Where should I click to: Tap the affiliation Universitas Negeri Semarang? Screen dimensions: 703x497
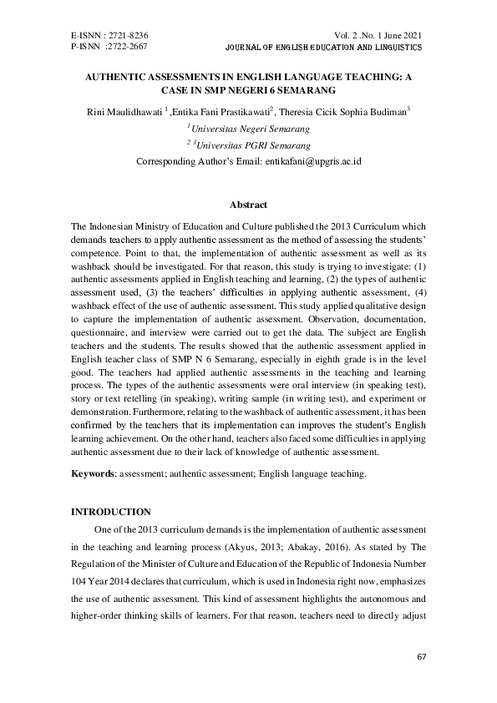251,129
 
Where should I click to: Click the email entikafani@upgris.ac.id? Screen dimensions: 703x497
312,159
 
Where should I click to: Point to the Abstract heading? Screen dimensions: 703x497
248,205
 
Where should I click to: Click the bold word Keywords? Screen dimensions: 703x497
93,473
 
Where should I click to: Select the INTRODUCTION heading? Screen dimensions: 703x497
111,510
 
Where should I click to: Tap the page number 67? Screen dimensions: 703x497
421,657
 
